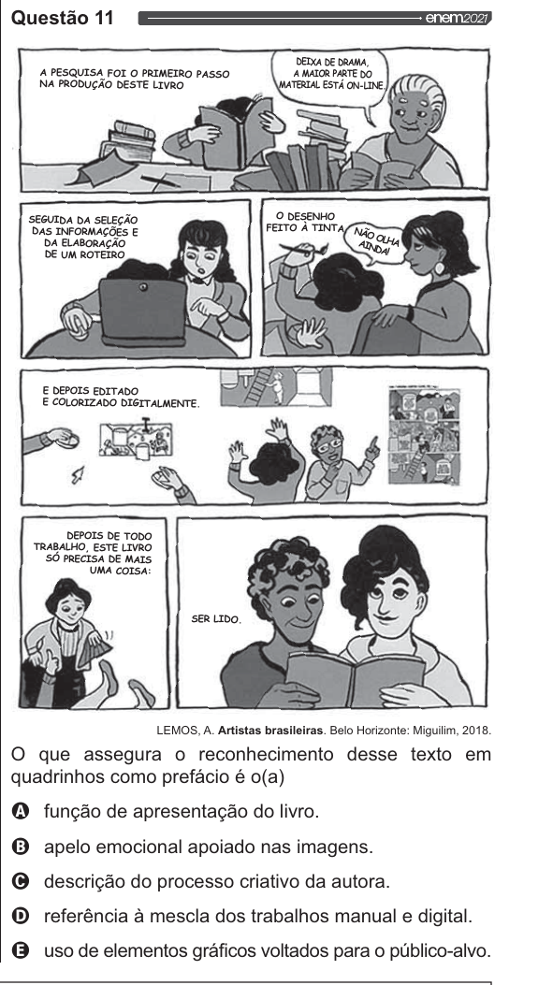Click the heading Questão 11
tap(63, 18)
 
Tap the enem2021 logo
tap(458, 18)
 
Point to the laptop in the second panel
tap(143, 311)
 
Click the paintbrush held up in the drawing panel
tap(303, 249)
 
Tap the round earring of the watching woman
tap(439, 268)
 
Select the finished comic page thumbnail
tap(425, 436)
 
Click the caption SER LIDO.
tap(215, 619)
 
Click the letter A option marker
tap(21, 812)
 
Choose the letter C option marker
tap(21, 882)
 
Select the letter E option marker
tap(21, 951)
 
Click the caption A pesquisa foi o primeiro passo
tap(135, 80)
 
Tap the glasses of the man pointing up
tap(330, 443)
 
